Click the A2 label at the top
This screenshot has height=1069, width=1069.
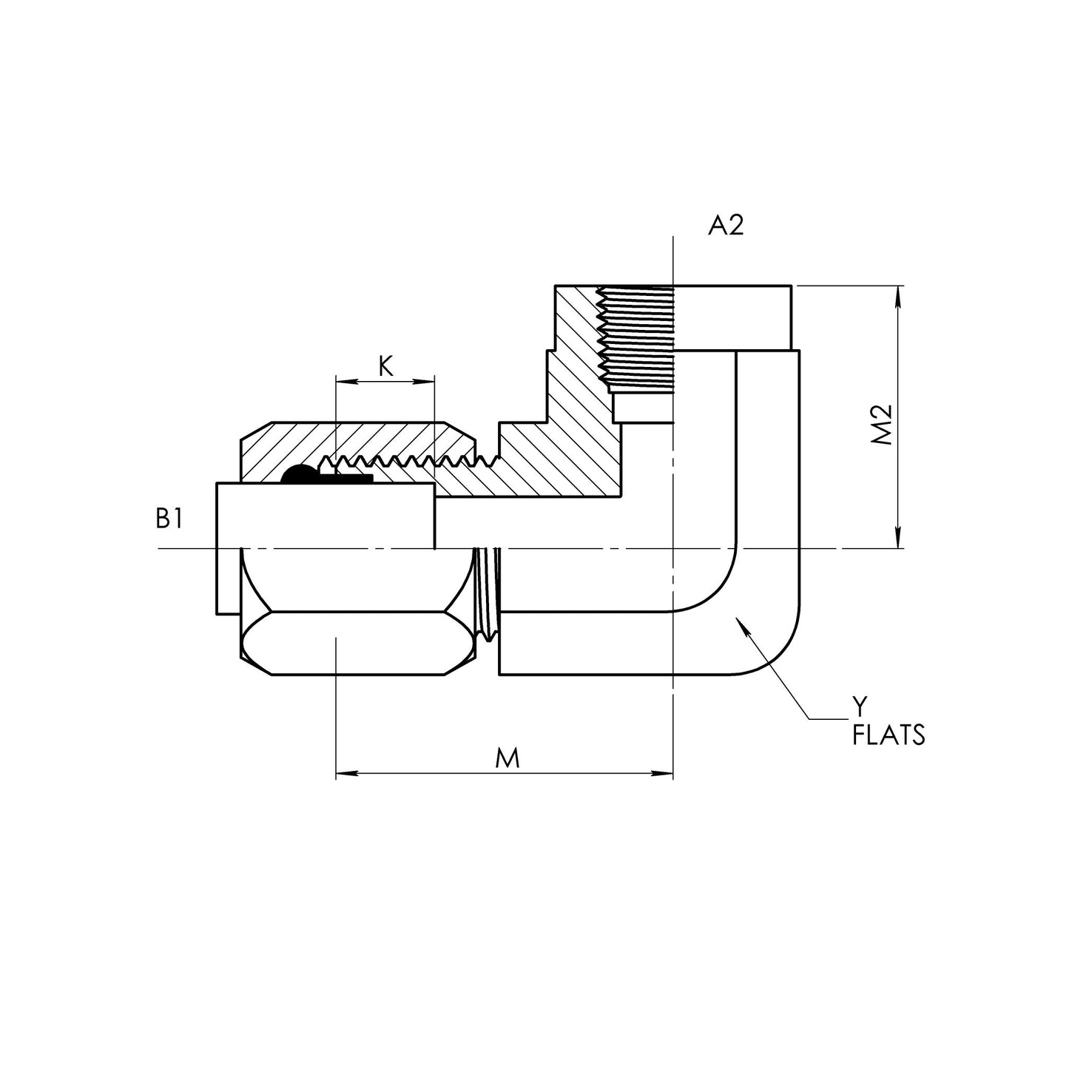[725, 226]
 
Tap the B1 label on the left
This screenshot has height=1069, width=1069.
[169, 520]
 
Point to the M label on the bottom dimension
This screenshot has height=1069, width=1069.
[507, 758]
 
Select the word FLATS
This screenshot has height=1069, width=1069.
[888, 737]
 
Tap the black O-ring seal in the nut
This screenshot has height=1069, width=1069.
[300, 475]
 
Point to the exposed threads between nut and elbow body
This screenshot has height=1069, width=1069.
[487, 592]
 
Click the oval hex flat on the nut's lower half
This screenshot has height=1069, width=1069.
[355, 643]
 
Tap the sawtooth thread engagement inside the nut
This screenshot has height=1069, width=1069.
[399, 462]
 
